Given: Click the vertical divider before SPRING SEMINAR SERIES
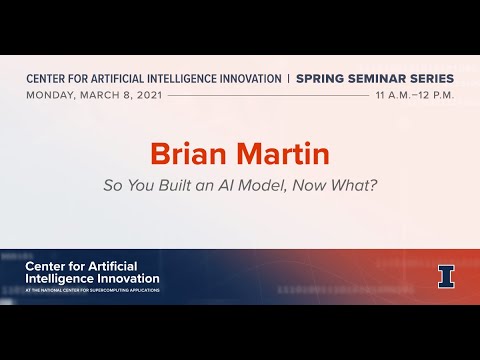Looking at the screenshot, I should (288, 78).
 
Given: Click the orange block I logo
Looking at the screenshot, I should (446, 275).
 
